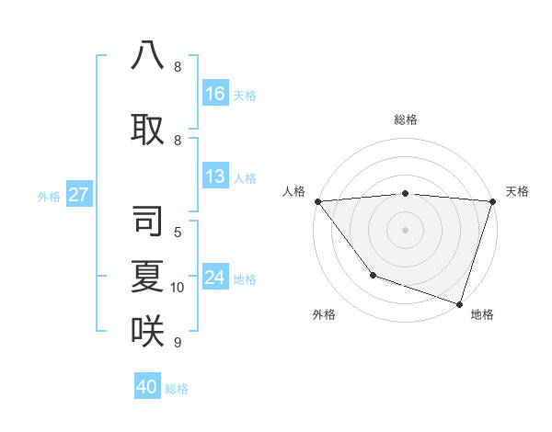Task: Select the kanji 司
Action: pos(148,222)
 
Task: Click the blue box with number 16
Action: pos(215,94)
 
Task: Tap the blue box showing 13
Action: pos(215,176)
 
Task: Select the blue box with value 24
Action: pos(215,278)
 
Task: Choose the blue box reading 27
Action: pos(79,195)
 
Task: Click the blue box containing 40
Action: pos(147,387)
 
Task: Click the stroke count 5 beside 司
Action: pos(178,233)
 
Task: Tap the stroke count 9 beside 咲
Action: pos(178,343)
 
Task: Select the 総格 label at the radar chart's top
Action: pos(406,119)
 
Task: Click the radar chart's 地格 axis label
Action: pos(482,314)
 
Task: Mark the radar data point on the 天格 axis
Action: pos(492,201)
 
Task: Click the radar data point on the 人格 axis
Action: pos(317,201)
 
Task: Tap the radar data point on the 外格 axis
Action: pos(373,275)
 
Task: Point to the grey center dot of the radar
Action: pos(405,230)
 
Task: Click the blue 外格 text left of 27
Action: pos(49,196)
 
